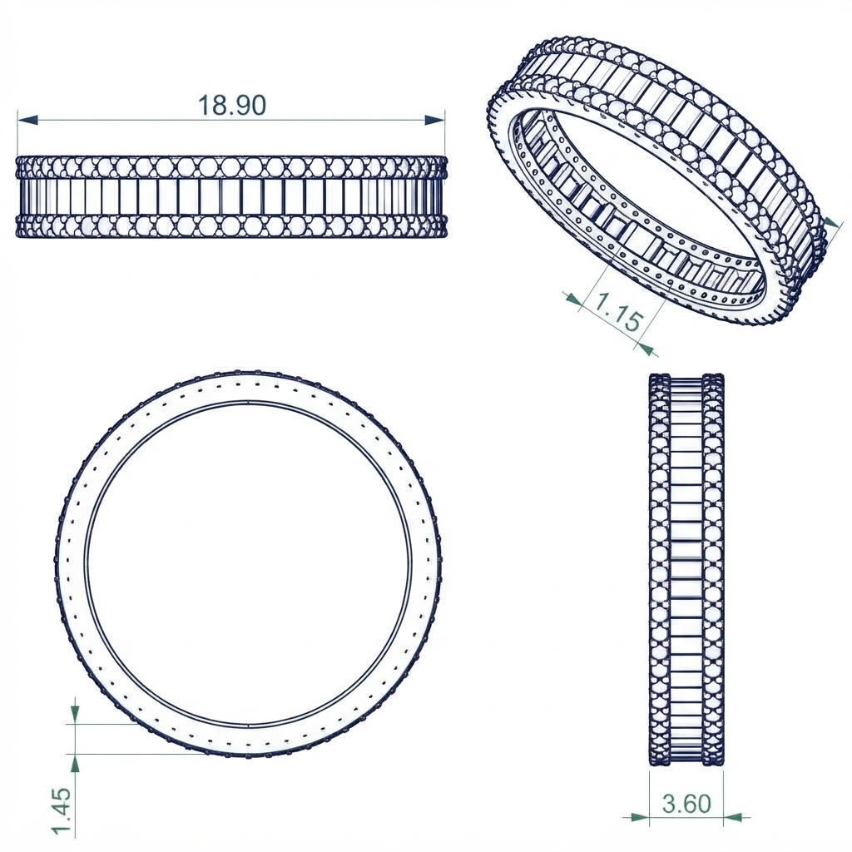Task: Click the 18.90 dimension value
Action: click(x=232, y=105)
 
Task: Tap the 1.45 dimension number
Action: click(x=61, y=809)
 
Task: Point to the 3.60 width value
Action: click(x=686, y=804)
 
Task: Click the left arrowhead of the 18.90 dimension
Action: click(x=28, y=120)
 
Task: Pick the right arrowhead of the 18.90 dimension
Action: click(x=434, y=120)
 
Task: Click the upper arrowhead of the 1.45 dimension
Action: click(x=76, y=713)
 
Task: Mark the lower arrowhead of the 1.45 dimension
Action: click(x=76, y=764)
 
